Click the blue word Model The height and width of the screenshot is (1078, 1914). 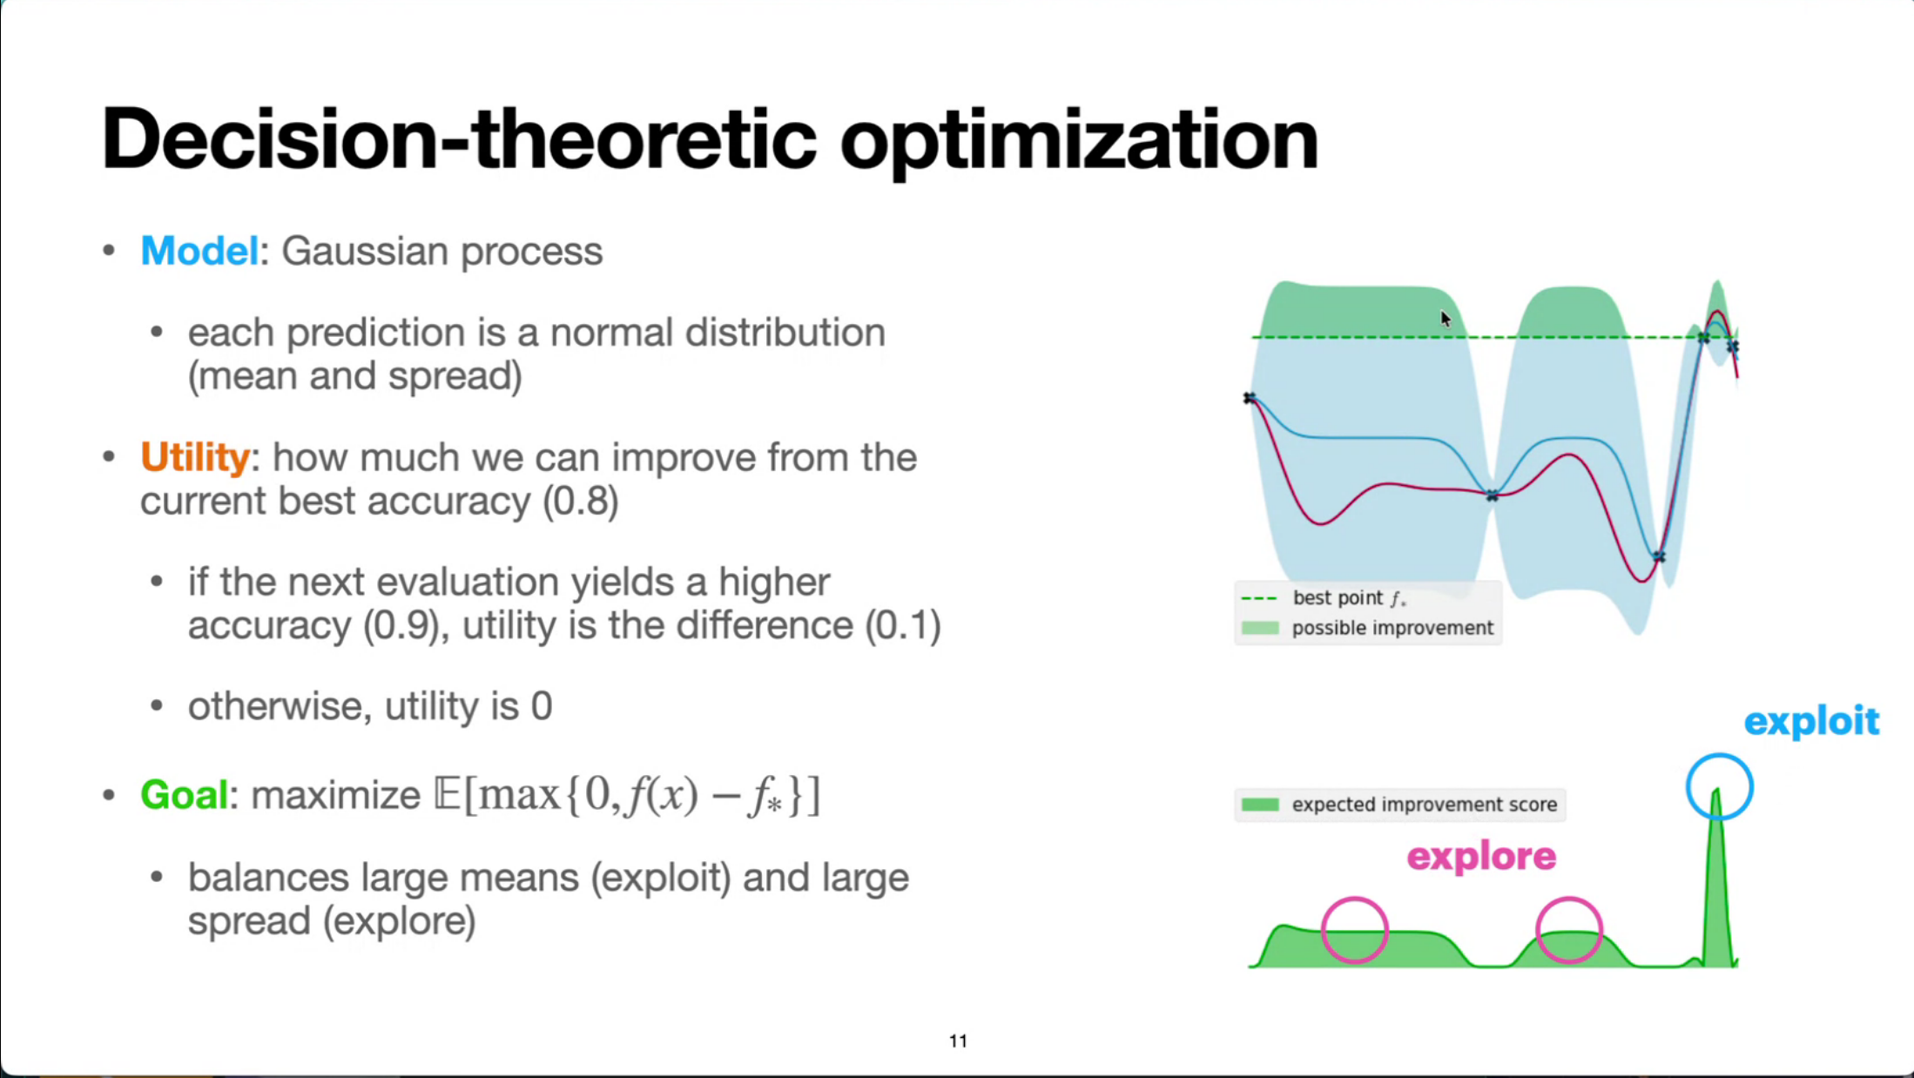(199, 252)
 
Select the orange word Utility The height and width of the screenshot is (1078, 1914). (195, 457)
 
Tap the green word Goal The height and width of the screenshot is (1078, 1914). (184, 794)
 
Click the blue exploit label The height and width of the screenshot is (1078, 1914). (1811, 722)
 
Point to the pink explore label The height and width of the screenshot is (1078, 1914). (1481, 857)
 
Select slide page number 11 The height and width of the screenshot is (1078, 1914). (958, 1041)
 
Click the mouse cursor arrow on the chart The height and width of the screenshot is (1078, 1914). (1446, 319)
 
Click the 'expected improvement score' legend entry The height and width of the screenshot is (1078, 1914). (1398, 805)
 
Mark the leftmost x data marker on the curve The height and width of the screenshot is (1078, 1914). (1250, 398)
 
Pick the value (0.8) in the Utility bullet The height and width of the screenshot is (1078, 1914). (580, 502)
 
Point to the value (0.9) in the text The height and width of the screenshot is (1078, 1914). (401, 626)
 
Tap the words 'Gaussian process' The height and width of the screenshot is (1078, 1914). (441, 252)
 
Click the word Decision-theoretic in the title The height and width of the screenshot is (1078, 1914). (459, 139)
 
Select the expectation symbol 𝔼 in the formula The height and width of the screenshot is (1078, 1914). (447, 794)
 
